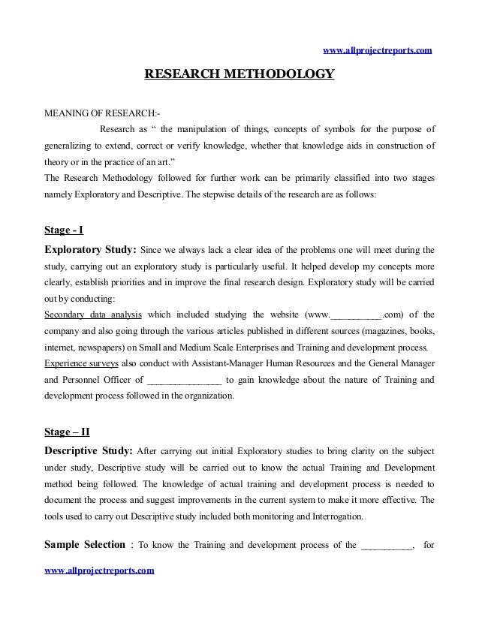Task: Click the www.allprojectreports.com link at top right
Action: [x=377, y=50]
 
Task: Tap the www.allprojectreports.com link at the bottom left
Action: [x=100, y=571]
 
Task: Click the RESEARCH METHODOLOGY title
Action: [x=239, y=75]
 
